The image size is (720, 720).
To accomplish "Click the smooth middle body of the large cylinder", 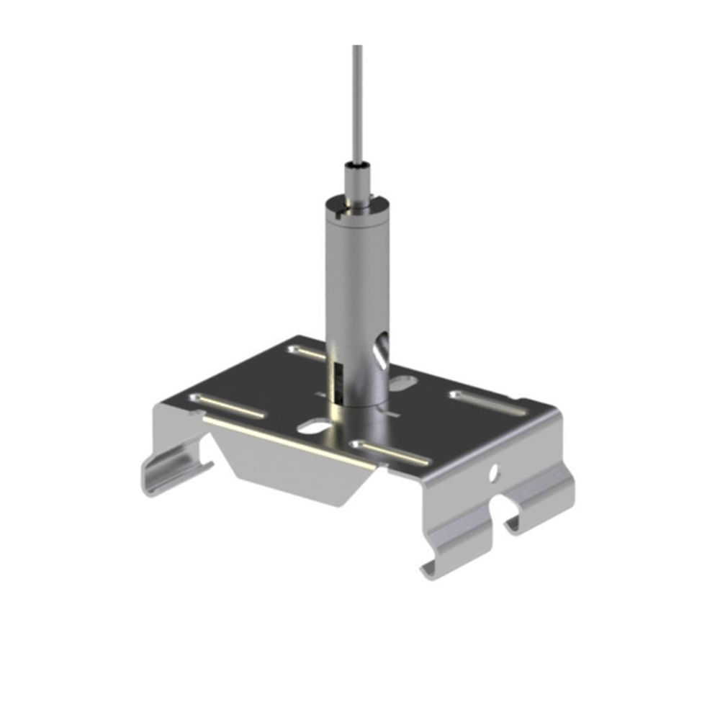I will [357, 274].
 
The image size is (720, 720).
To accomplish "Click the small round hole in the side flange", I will [494, 472].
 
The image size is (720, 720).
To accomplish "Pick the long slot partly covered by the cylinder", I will [305, 352].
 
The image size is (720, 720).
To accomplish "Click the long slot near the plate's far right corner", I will [487, 403].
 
